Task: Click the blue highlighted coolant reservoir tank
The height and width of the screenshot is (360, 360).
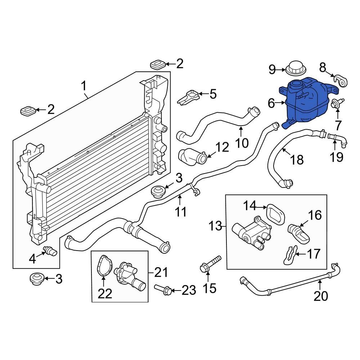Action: tap(306, 103)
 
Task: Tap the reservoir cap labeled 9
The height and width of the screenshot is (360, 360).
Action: tap(296, 68)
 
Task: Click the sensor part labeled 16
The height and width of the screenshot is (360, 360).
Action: tap(299, 232)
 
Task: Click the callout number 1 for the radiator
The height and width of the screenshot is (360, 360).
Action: tap(84, 86)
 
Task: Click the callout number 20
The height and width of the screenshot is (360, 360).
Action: tap(321, 296)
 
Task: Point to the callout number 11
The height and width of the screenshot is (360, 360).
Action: tap(181, 212)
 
